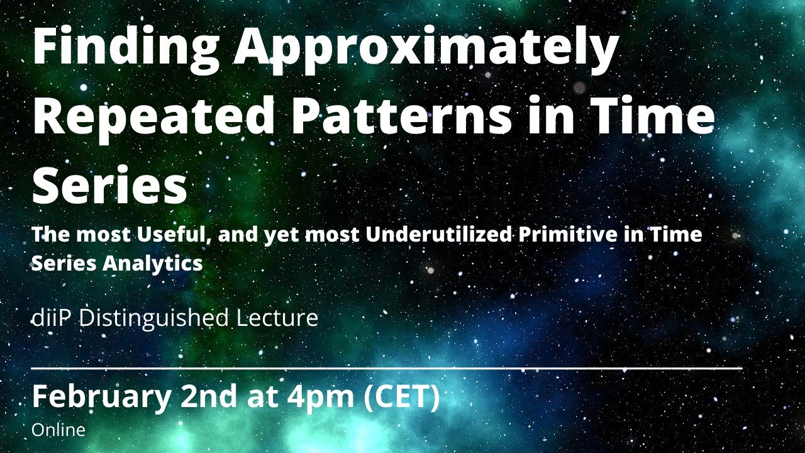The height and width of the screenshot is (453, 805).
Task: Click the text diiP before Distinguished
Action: coord(52,318)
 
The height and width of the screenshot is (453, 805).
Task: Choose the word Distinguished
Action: coord(153,318)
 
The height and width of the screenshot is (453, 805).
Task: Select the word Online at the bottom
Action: coord(58,430)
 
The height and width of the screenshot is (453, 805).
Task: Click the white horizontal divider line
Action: coord(386,367)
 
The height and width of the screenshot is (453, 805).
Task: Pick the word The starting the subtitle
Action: coord(50,235)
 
